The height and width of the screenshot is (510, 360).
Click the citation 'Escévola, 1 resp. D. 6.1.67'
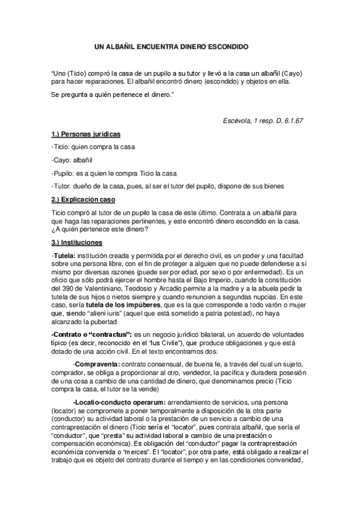(x=263, y=120)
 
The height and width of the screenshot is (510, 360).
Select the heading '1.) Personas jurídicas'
(x=87, y=134)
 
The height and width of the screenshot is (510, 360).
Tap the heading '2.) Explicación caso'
(x=83, y=199)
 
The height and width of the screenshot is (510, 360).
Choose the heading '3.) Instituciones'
(x=77, y=242)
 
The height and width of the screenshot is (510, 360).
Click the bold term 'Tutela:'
(x=64, y=256)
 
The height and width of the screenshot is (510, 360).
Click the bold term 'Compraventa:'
(x=96, y=364)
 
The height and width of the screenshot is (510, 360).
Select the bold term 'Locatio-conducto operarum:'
(x=117, y=401)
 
